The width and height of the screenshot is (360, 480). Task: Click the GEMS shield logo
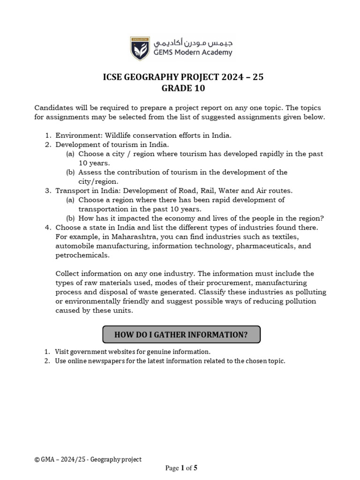(139, 48)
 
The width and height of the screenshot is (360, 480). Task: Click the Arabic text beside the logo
(192, 43)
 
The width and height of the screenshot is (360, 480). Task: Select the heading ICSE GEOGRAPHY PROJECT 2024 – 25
(183, 77)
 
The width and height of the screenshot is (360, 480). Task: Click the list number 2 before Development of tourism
(47, 145)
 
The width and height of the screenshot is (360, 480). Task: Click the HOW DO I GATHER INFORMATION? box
(181, 334)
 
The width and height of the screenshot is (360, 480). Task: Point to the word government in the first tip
(90, 352)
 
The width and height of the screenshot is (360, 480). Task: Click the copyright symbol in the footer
(37, 460)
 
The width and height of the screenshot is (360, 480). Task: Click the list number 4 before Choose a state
(47, 227)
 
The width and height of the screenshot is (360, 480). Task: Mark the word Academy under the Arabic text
(217, 52)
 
